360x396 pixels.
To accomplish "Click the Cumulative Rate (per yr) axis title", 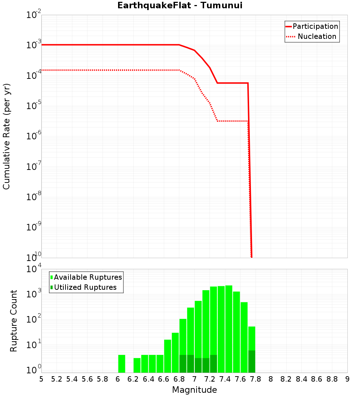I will pos(6,136).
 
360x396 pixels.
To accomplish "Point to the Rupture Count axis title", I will pos(14,321).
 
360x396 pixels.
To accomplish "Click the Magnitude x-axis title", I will pos(194,390).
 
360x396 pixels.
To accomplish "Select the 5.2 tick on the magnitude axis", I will pos(57,379).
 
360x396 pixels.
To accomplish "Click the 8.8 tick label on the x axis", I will pos(332,379).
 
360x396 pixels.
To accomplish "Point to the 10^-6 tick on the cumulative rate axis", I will pos(34,136).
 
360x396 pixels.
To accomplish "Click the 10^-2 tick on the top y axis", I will pos(34,15).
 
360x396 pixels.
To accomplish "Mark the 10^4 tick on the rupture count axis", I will pos(34,269).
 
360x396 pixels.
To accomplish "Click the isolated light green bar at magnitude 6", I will pos(122,364).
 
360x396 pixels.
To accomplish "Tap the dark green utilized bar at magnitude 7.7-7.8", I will pos(252,361).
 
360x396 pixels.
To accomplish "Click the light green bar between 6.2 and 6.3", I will pos(137,365).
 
